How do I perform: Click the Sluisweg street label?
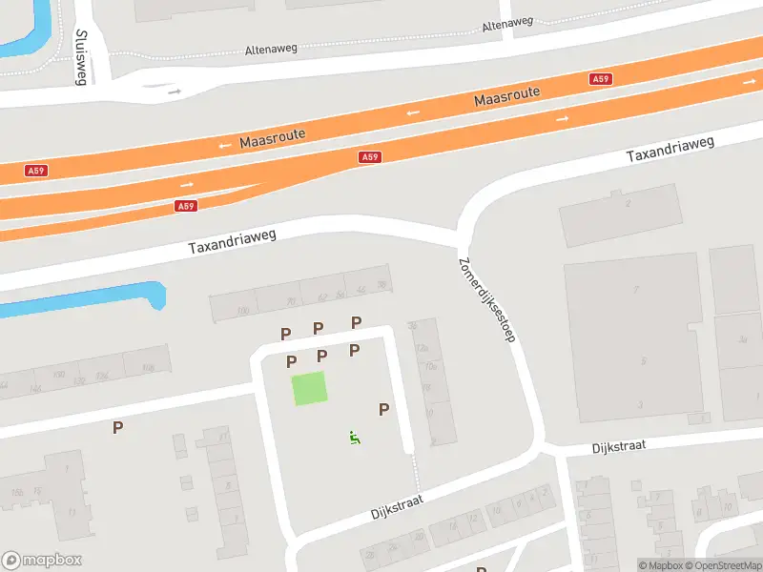coord(79,56)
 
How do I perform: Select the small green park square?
coord(308,389)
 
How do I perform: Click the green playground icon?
coord(355,438)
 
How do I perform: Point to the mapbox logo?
coord(42,561)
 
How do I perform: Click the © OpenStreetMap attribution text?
coord(723,565)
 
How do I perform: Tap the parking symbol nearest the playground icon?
coord(384,409)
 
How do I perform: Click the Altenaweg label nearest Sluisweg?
coord(273,48)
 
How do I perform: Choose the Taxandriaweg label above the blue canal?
coord(232,242)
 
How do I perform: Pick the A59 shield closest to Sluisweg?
coord(36,171)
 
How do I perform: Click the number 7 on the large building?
coord(636,287)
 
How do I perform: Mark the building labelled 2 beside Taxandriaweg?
coord(628,203)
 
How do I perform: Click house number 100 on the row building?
coord(242,311)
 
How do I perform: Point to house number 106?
coord(148,367)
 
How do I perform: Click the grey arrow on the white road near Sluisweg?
coord(175,92)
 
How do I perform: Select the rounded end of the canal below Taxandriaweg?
coord(158,293)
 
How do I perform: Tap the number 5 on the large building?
coord(644,360)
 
